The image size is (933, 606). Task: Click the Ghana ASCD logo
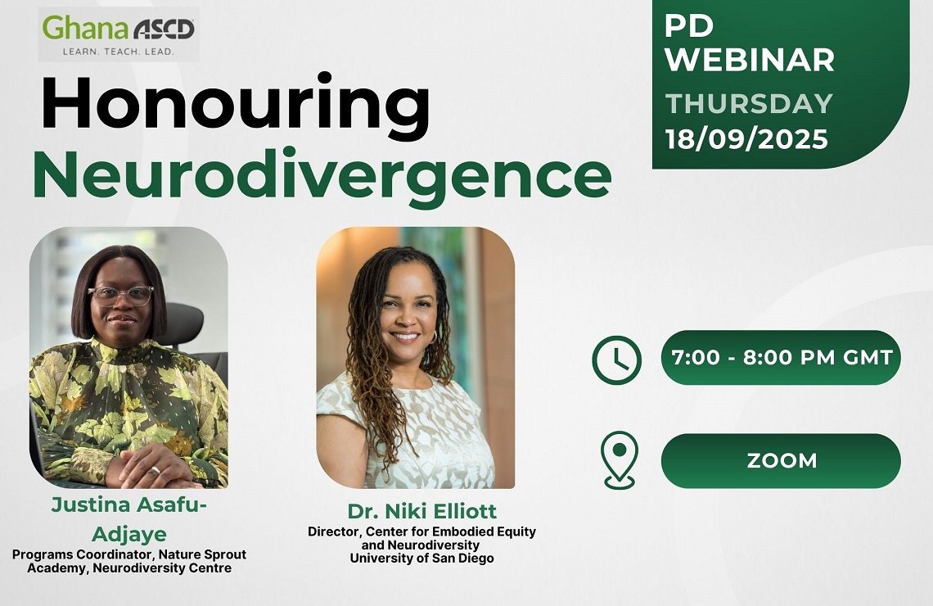tap(119, 34)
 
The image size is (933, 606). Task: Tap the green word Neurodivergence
tap(322, 175)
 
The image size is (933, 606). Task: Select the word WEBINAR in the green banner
tap(749, 60)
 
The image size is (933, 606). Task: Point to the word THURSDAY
tap(749, 103)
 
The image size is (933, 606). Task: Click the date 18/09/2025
tap(746, 139)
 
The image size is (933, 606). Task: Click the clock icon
tap(616, 360)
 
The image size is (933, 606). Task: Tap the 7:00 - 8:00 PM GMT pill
tap(781, 358)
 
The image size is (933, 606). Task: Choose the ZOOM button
tap(781, 461)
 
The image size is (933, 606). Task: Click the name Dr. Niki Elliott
tap(421, 511)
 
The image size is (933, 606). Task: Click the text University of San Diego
tap(421, 559)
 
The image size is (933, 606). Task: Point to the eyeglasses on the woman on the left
tap(121, 296)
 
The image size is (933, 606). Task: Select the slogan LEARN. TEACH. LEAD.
tap(119, 52)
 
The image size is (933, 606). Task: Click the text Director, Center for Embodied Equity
tap(421, 531)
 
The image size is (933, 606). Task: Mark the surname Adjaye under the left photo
tap(129, 534)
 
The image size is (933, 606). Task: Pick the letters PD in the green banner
tap(689, 25)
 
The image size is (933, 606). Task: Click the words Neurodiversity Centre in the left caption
tap(162, 568)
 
